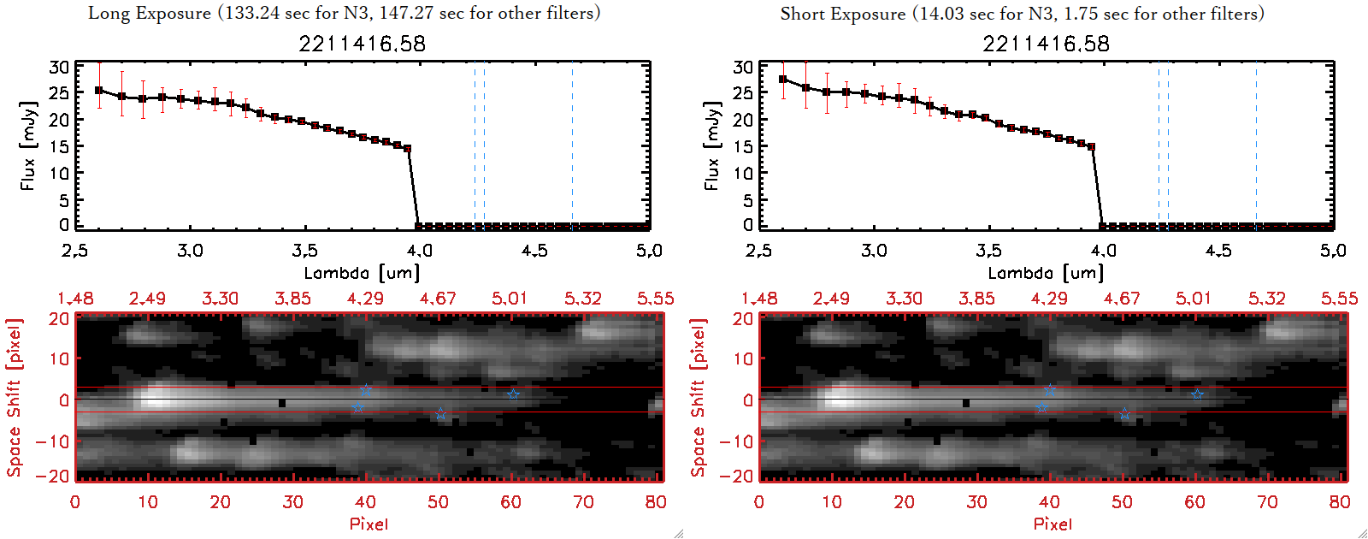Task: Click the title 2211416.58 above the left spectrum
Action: pos(362,44)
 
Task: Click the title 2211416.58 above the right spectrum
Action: pos(1046,44)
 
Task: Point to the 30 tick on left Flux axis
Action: pos(59,67)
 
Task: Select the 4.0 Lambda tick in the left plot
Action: pos(419,251)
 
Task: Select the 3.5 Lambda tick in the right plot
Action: pos(988,251)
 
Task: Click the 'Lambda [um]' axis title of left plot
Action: pos(362,273)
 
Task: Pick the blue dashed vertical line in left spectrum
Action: pos(484,145)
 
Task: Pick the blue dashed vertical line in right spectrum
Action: pos(1168,145)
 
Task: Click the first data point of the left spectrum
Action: pos(99,90)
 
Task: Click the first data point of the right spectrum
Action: pos(783,80)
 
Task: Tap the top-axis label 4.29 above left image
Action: pos(365,299)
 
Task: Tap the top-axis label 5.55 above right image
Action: pos(1339,299)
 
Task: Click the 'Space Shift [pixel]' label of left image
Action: pos(14,398)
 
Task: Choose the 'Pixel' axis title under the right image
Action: pos(1053,524)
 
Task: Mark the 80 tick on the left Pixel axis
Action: pos(656,502)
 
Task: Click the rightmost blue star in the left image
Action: pos(513,394)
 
